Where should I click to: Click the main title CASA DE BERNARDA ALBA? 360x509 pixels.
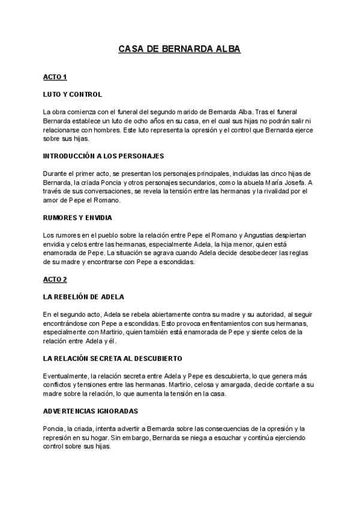[x=179, y=49]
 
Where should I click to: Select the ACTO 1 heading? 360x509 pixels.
[x=55, y=77]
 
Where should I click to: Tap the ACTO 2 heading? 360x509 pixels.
[x=55, y=280]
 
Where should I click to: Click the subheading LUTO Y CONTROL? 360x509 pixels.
[x=73, y=94]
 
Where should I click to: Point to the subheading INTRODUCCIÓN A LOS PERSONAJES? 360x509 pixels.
[x=103, y=155]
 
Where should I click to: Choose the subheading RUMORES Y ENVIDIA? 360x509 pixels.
[x=78, y=217]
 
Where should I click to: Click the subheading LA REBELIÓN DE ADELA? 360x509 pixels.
[x=84, y=297]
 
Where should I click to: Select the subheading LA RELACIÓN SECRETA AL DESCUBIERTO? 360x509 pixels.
[x=113, y=358]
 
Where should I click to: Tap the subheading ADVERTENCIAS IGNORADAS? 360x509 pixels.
[x=91, y=411]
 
